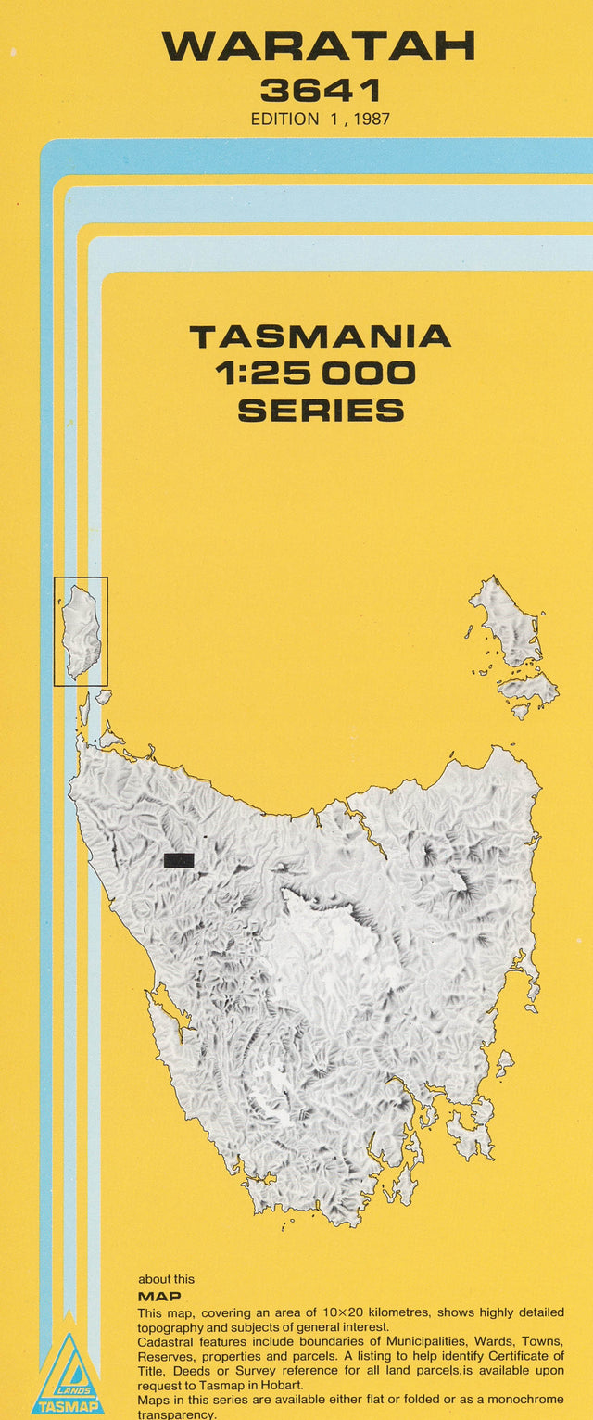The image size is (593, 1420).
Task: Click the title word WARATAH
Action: [319, 45]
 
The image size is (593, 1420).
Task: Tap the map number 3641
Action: [320, 91]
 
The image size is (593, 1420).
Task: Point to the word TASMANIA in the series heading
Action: [320, 336]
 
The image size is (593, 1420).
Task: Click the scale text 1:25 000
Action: [316, 374]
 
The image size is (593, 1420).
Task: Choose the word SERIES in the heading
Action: [321, 410]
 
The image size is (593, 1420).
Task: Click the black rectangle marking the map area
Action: [179, 860]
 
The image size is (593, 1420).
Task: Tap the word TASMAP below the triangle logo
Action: [68, 1407]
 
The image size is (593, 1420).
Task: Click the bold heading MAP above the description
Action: [158, 1297]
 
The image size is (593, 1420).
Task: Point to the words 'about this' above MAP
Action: [167, 1279]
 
